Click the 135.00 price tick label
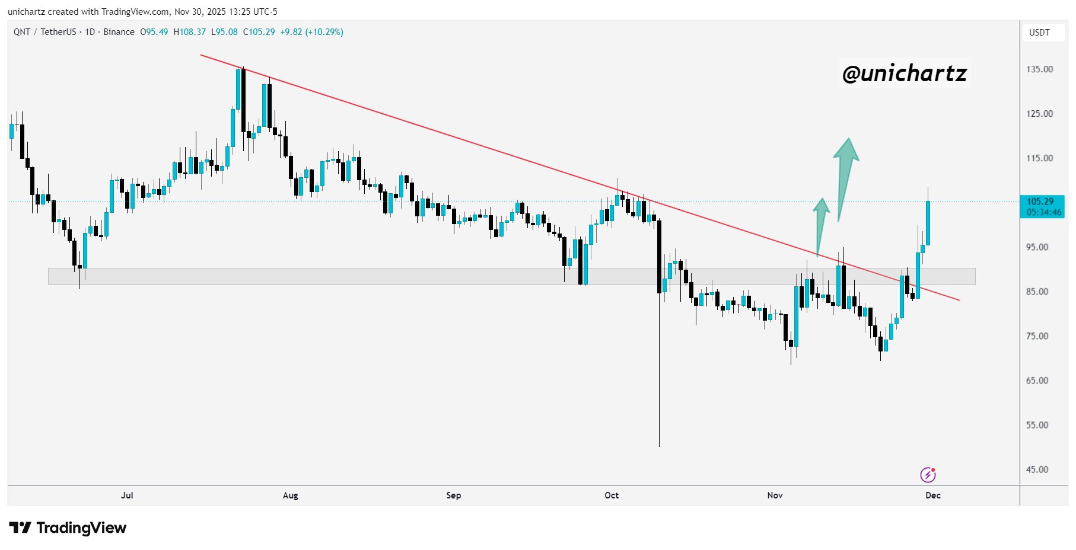click(1039, 69)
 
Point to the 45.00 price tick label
click(1037, 469)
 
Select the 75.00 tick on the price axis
click(1037, 336)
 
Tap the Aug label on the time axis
click(290, 495)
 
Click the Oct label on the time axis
click(612, 495)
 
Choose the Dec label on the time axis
click(932, 495)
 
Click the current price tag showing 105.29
click(1042, 206)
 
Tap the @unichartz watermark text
click(904, 73)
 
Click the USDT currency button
click(1039, 33)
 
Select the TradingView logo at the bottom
click(68, 527)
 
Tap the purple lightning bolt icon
click(928, 475)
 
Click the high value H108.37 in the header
click(189, 32)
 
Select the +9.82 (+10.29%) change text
click(311, 32)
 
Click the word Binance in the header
click(119, 32)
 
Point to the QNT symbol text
click(22, 32)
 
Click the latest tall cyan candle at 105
click(928, 222)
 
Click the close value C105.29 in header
click(259, 32)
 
